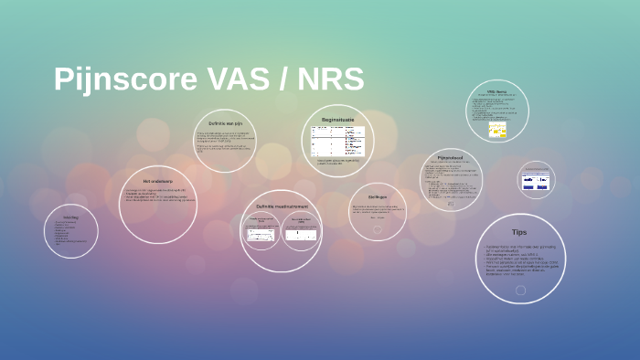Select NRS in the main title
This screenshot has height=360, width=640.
[x=329, y=79]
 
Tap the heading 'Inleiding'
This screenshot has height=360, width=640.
[x=70, y=217]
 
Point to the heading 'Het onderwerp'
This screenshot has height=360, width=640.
[x=157, y=181]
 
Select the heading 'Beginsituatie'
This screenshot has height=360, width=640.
[x=337, y=120]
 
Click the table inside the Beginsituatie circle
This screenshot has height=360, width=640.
[x=337, y=141]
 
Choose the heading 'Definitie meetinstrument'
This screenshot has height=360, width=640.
[x=281, y=206]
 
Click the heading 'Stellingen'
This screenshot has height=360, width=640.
[x=378, y=196]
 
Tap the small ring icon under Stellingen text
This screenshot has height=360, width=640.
[x=378, y=229]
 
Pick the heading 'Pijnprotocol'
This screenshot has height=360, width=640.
[x=451, y=157]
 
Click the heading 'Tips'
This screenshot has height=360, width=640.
[x=519, y=232]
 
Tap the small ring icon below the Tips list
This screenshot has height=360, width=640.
[x=520, y=291]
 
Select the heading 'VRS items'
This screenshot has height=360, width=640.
[x=496, y=92]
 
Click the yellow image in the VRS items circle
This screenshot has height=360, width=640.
[x=497, y=131]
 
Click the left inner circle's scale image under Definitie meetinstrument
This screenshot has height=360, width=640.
[x=261, y=235]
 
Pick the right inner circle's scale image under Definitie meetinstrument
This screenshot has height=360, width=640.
[x=301, y=236]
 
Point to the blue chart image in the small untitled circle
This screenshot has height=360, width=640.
[x=536, y=181]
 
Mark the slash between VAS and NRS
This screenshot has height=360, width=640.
[x=279, y=79]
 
